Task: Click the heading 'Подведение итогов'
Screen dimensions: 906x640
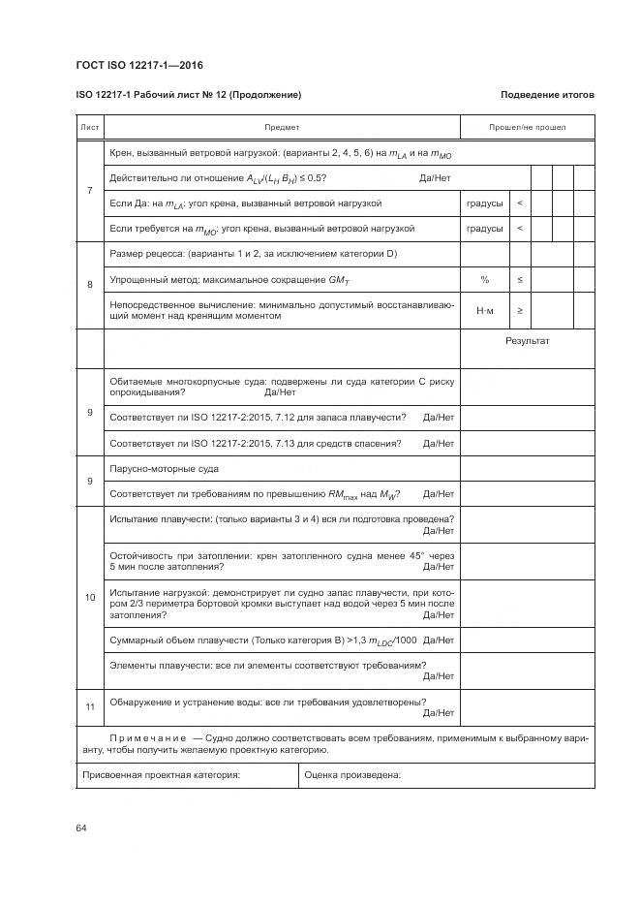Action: point(547,95)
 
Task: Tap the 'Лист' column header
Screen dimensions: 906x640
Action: point(89,127)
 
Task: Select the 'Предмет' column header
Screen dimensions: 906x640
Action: point(282,127)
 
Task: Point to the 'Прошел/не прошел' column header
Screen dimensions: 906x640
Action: point(528,127)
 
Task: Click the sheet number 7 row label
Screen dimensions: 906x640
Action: point(89,191)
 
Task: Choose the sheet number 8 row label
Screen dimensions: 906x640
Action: point(89,285)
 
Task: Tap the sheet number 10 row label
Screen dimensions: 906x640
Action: point(89,597)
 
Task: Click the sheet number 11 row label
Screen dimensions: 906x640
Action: point(89,707)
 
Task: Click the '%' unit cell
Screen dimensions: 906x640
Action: point(484,280)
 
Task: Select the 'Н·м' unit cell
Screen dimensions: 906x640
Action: point(484,311)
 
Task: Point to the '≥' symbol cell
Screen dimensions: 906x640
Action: point(520,311)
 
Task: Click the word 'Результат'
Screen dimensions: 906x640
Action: point(528,342)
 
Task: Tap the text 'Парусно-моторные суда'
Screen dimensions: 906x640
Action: point(165,469)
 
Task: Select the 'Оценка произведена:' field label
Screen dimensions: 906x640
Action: point(352,775)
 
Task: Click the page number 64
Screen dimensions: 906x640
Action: point(81,828)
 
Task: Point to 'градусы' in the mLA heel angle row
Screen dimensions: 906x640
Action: point(484,203)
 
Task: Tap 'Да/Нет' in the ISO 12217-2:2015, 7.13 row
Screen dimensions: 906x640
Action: point(439,444)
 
